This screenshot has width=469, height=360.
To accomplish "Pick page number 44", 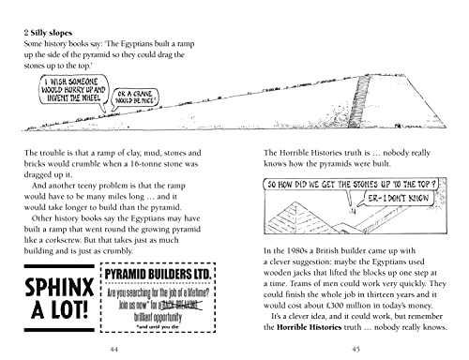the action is (113, 348).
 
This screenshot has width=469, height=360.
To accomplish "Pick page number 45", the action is (354, 348).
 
